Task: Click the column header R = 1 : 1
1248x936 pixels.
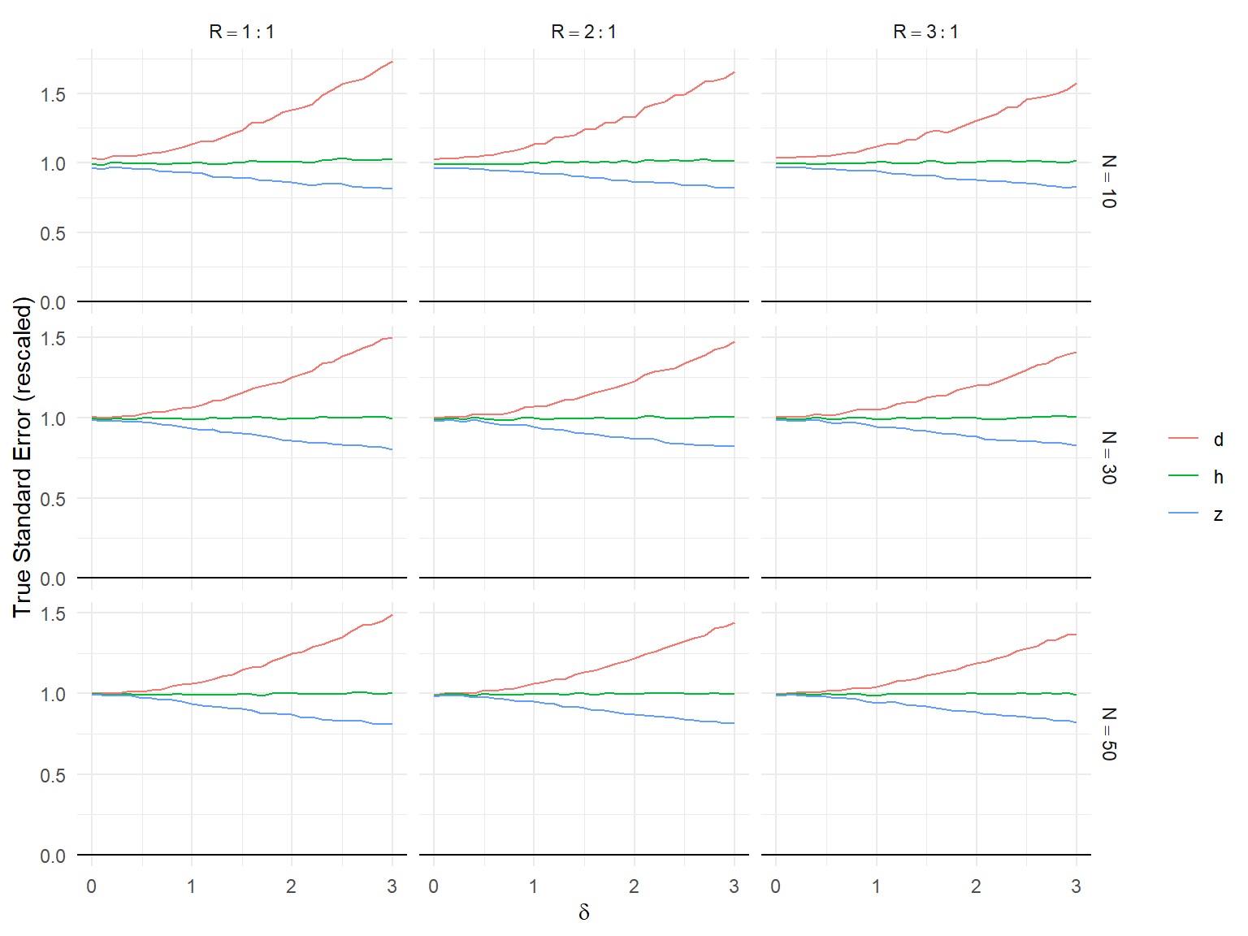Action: (242, 32)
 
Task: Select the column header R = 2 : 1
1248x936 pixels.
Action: (584, 32)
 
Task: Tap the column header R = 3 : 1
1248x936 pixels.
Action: (926, 32)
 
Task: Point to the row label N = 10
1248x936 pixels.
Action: (1109, 181)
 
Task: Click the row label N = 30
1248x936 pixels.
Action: (1109, 457)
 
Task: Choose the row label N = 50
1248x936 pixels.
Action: (1109, 734)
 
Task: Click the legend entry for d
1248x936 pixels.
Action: (1218, 440)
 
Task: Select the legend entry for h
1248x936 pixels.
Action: (1218, 477)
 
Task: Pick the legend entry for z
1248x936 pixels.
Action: (1218, 514)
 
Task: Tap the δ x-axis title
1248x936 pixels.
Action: (583, 912)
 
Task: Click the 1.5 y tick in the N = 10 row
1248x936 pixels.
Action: (53, 94)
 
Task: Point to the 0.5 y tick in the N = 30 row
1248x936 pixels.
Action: (53, 499)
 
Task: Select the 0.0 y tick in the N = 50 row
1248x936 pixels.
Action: (53, 856)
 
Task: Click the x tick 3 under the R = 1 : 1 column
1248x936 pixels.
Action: (392, 886)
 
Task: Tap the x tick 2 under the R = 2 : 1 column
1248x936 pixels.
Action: (634, 886)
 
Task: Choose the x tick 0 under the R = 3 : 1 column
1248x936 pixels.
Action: (776, 886)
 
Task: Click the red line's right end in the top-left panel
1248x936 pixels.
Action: (392, 62)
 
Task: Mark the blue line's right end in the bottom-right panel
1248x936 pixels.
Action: (1076, 722)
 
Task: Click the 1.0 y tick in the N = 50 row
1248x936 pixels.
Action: (53, 694)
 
